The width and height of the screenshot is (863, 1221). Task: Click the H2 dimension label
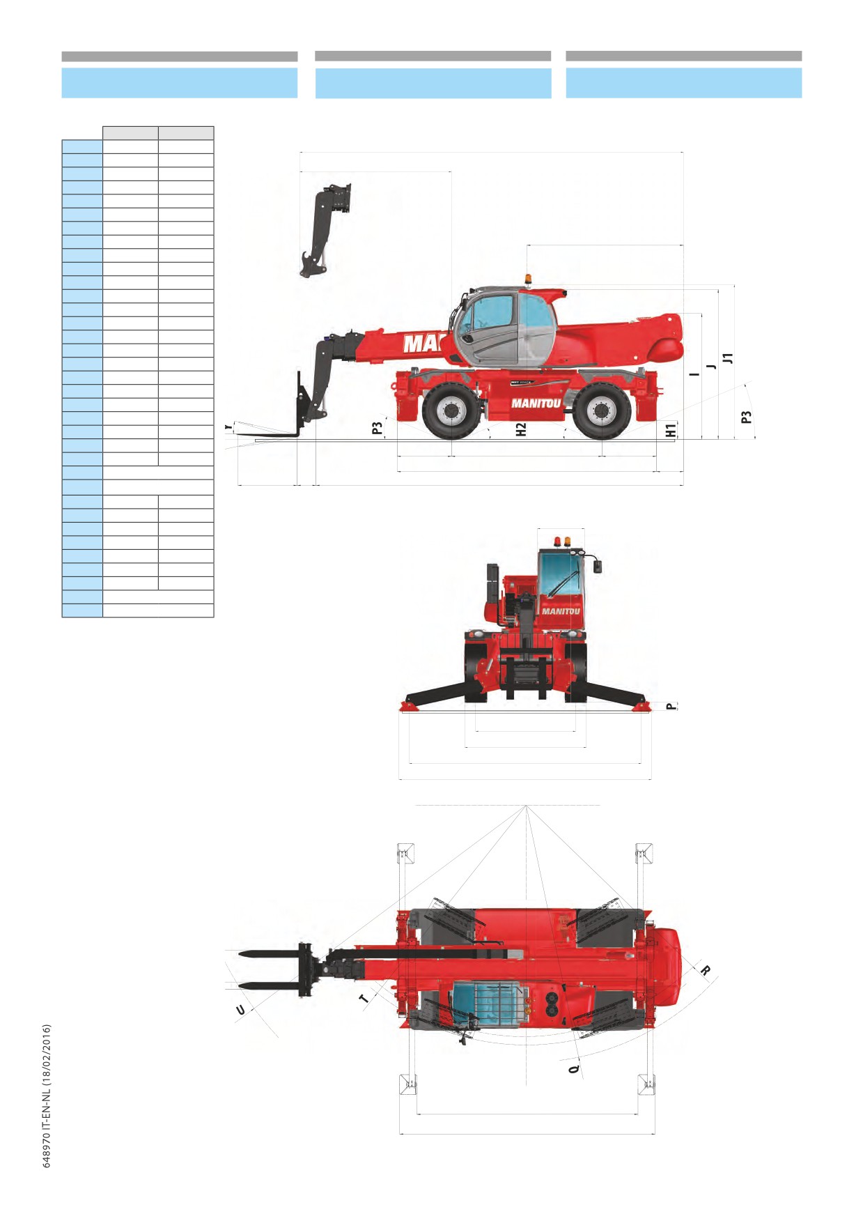pyautogui.click(x=521, y=430)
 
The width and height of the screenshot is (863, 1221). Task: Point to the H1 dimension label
pyautogui.click(x=671, y=431)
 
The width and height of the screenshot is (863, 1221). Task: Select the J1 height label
pyautogui.click(x=728, y=358)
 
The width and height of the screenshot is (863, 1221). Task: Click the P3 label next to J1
pyautogui.click(x=747, y=417)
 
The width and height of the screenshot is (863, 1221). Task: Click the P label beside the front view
pyautogui.click(x=671, y=706)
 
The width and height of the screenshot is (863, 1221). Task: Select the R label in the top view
pyautogui.click(x=706, y=970)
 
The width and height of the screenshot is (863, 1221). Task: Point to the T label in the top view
pyautogui.click(x=364, y=999)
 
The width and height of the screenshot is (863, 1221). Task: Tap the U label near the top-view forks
pyautogui.click(x=240, y=1010)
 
